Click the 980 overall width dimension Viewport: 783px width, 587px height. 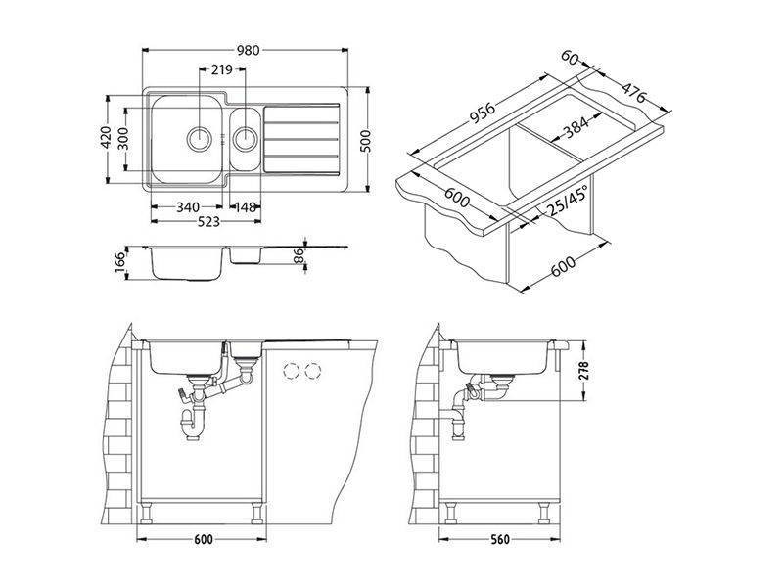[x=249, y=51]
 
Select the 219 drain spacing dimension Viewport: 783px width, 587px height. [x=222, y=69]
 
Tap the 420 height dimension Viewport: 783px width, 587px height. [x=106, y=137]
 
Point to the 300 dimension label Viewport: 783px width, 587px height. [x=123, y=138]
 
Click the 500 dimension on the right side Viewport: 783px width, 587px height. [x=366, y=141]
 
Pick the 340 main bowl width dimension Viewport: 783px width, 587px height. [x=188, y=206]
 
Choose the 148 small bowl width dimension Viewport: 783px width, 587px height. [x=246, y=206]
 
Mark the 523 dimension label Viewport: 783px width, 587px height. [x=208, y=221]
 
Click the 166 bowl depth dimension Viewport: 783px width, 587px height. [x=119, y=262]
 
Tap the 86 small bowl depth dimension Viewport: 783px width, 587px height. [x=299, y=256]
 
